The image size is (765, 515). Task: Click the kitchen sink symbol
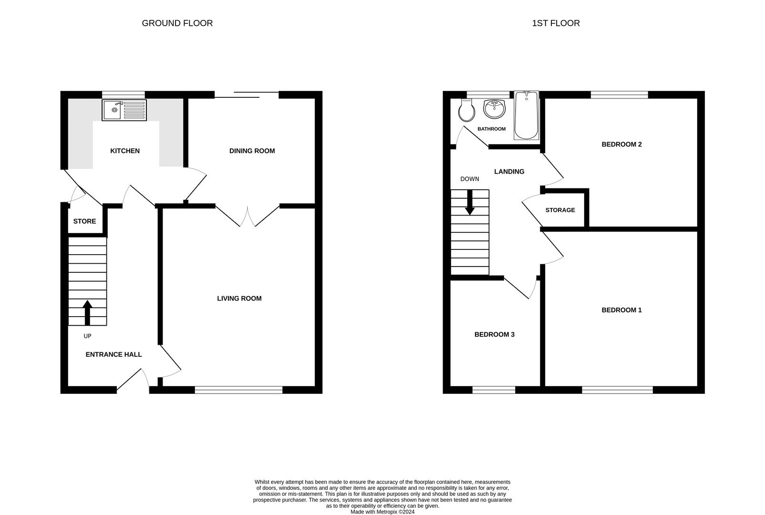[124, 110]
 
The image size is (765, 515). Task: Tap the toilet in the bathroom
[466, 111]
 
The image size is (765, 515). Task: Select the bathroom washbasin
[494, 108]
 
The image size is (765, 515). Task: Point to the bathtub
[526, 116]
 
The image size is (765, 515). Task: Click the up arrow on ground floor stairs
[87, 312]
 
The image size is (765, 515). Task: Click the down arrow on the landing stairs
[470, 203]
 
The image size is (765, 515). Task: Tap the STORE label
[84, 221]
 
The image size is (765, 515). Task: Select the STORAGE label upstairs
[560, 210]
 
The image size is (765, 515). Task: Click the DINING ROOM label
[252, 151]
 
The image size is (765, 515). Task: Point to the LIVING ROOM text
[239, 299]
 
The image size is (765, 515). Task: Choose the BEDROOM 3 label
[494, 334]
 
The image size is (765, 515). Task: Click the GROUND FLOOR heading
[177, 23]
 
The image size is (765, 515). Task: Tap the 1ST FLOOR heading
[556, 23]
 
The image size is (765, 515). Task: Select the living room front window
[238, 390]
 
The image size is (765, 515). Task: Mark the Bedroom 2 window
[619, 94]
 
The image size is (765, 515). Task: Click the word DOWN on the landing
[469, 179]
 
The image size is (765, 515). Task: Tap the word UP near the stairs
[87, 336]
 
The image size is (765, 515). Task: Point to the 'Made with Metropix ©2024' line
[382, 512]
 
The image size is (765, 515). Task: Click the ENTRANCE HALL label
[114, 354]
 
